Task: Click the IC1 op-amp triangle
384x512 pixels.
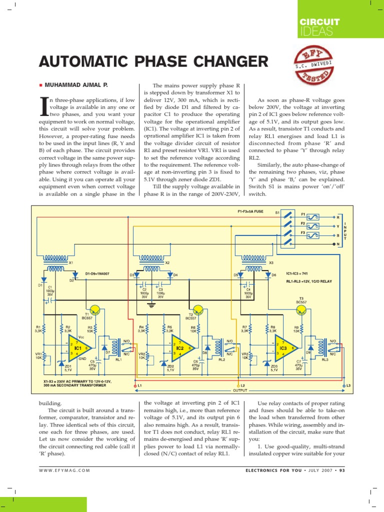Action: point(78,347)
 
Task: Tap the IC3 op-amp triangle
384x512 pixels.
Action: point(283,347)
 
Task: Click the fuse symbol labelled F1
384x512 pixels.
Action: point(314,217)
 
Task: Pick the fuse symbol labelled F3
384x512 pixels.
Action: point(314,235)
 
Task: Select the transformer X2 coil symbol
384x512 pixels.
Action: point(154,258)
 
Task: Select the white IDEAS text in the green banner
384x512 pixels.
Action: point(315,32)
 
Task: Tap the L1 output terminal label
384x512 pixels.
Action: point(139,386)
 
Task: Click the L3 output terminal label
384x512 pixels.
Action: point(348,385)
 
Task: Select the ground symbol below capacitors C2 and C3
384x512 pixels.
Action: point(153,303)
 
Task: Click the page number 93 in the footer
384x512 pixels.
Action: point(341,470)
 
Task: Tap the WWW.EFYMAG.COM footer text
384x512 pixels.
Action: point(64,470)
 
